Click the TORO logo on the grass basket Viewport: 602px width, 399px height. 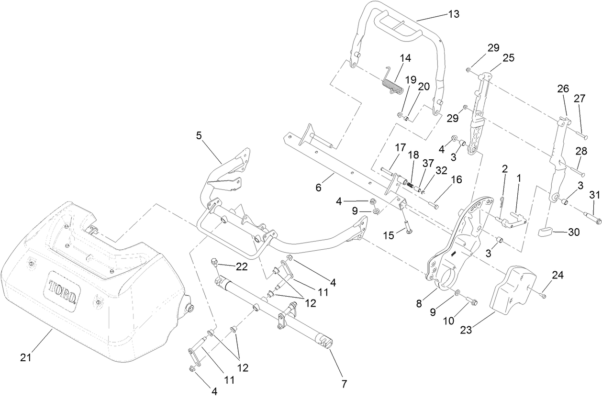(x=62, y=292)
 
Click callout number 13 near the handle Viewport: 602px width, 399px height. (x=453, y=14)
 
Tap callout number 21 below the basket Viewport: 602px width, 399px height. (x=26, y=357)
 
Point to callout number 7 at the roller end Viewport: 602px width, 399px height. (x=343, y=383)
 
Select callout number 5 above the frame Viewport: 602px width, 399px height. (x=199, y=135)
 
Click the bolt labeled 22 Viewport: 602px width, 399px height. (x=214, y=262)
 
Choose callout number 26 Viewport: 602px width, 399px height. (x=563, y=89)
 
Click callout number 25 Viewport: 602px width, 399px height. (x=508, y=58)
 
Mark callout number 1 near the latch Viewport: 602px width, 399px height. (x=518, y=177)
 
